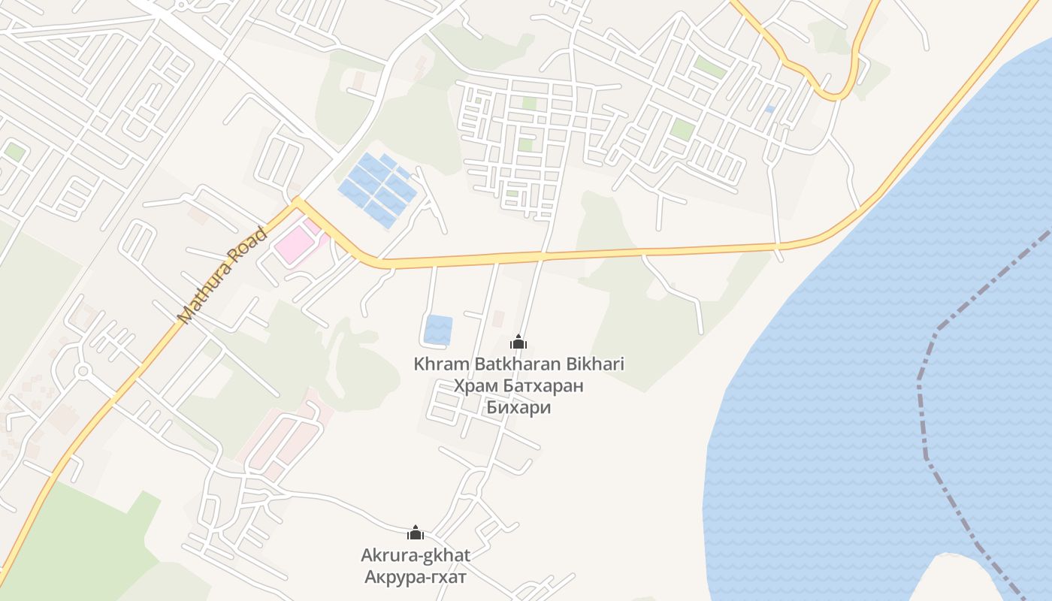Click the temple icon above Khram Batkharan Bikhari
518,343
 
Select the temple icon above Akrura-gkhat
416,533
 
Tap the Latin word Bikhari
595,364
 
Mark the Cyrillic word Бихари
518,408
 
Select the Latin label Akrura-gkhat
416,556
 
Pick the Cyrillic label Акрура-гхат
416,578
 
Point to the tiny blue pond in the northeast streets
769,109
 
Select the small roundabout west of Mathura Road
83,370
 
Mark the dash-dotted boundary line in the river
924,421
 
